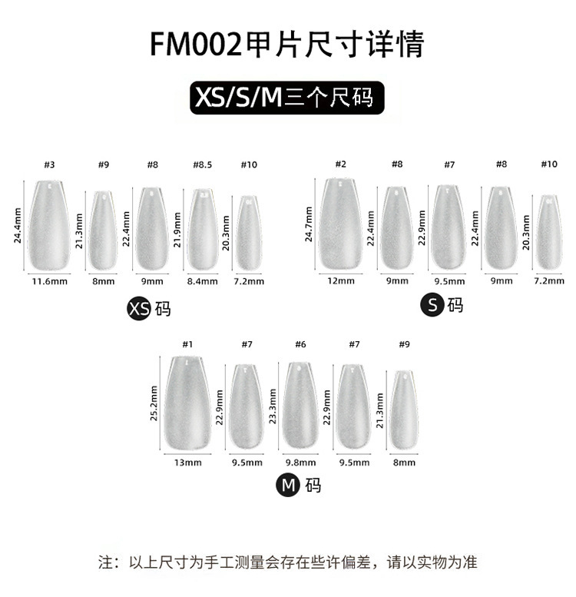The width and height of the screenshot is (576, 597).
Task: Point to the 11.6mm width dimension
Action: [x=47, y=281]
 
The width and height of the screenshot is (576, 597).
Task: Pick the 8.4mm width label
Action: [x=203, y=281]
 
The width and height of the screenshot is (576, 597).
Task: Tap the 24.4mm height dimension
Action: [x=18, y=224]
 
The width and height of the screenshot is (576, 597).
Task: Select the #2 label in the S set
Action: [x=341, y=164]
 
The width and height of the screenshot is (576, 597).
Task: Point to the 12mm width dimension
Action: [x=341, y=281]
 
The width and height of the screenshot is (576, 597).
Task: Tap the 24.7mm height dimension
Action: [x=309, y=224]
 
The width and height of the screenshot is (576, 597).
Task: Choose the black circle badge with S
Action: [x=432, y=305]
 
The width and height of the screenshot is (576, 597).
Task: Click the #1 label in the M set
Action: [x=187, y=344]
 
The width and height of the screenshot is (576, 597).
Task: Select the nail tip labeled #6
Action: [x=300, y=406]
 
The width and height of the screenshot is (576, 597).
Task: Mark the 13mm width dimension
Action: [x=187, y=463]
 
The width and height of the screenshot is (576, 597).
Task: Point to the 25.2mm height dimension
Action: [x=154, y=405]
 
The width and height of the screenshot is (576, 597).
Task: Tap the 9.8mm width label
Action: [x=300, y=463]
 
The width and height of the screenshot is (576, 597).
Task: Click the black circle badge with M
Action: [x=289, y=485]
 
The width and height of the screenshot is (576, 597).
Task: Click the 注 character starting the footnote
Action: [x=105, y=562]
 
